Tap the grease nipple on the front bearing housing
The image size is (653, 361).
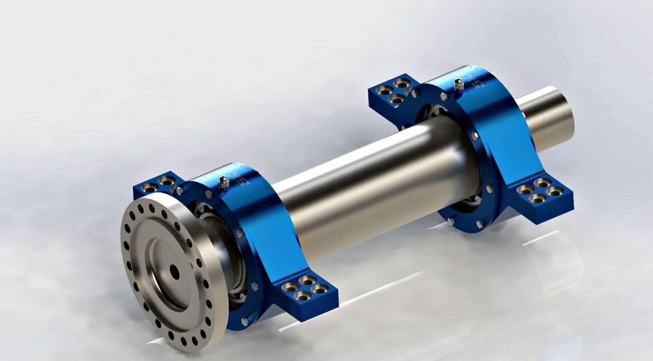pos(222,182)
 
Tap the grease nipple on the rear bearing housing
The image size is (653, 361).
pos(459,84)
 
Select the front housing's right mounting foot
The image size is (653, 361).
pos(309,291)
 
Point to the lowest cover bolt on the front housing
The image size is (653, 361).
pos(244,322)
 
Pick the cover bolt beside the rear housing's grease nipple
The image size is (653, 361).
pos(443,96)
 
